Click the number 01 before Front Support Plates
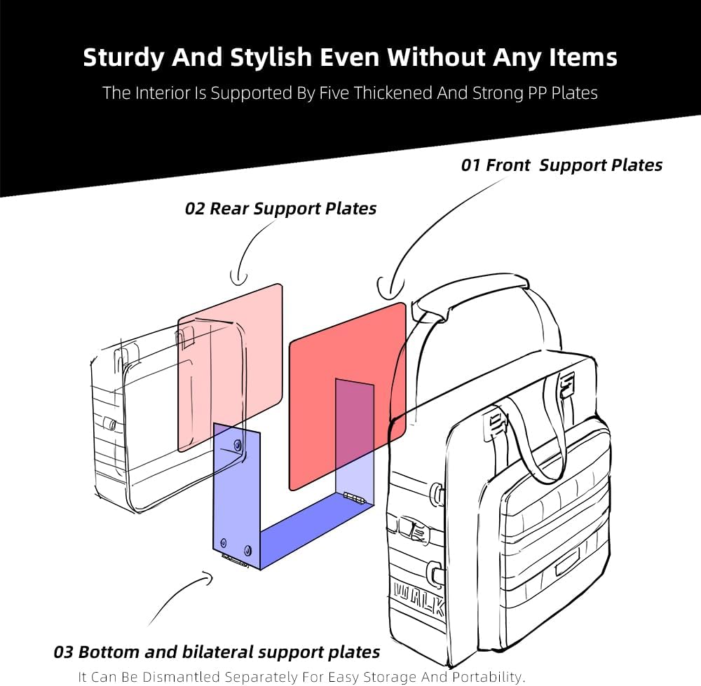470,165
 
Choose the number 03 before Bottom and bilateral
63,652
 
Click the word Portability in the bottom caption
486,677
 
